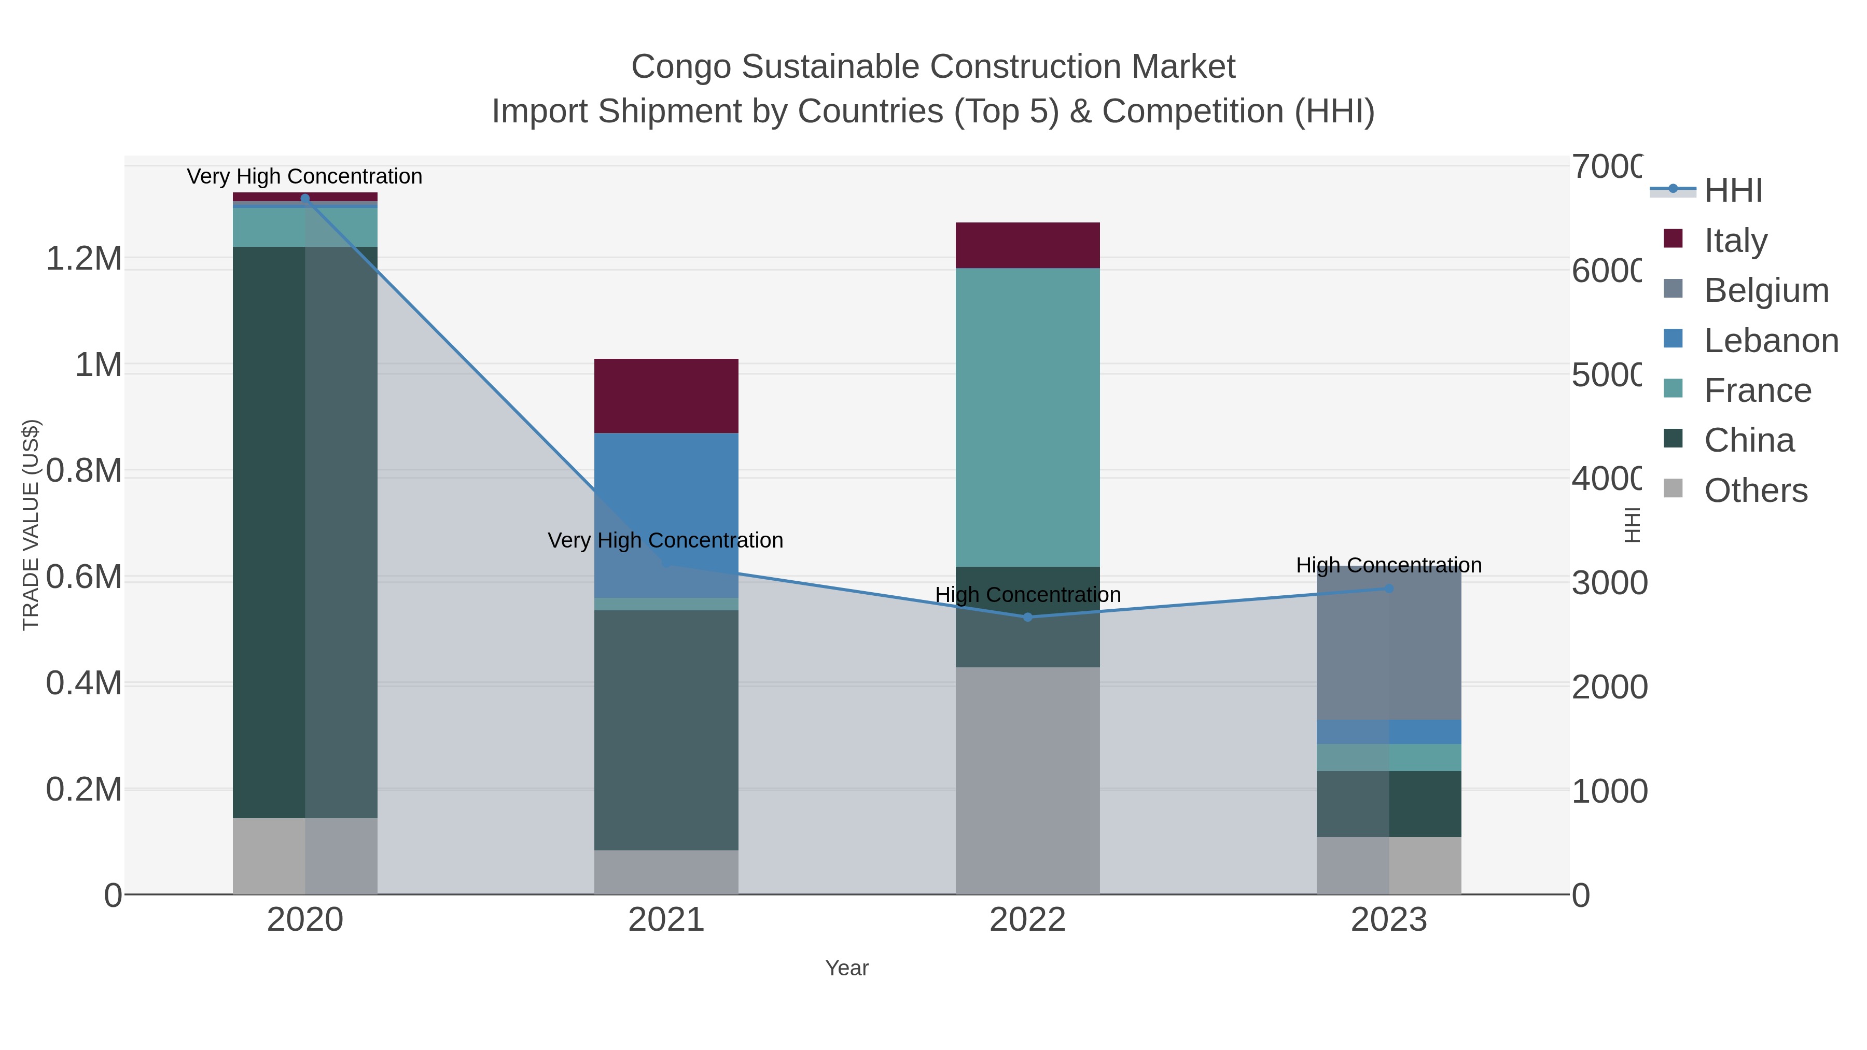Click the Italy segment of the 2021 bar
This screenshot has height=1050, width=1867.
[666, 396]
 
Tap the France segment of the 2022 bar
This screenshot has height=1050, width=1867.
[1027, 417]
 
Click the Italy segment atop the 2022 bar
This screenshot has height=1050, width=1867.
[1027, 245]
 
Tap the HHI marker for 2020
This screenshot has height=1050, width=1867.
[305, 199]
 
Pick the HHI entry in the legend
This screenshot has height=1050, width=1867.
[1732, 190]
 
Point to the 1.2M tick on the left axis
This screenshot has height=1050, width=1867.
[84, 259]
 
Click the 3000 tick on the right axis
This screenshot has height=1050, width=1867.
[1609, 583]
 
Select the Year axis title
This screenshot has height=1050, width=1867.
[846, 968]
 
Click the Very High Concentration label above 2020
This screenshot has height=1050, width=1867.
[304, 176]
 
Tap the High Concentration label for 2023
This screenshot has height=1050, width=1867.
[1389, 565]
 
